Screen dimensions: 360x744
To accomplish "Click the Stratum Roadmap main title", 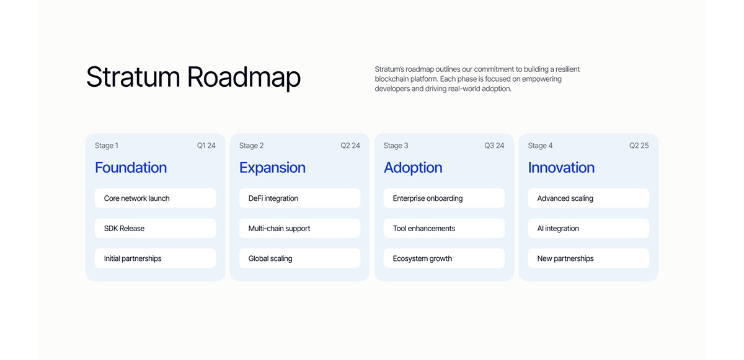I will coord(193,77).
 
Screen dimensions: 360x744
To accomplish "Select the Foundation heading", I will coord(131,167).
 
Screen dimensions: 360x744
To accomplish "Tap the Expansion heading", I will coord(272,167).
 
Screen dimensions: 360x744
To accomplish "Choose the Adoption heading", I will coord(413,167).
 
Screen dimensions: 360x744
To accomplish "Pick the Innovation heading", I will coord(561,167).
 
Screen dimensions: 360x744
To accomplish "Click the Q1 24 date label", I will coord(206,146).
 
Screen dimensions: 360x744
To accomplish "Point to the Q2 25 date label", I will coord(639,146).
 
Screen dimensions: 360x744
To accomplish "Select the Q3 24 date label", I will coord(494,146).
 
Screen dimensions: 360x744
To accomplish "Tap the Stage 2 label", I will coord(251,146).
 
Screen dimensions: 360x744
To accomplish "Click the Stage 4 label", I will coord(540,146).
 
